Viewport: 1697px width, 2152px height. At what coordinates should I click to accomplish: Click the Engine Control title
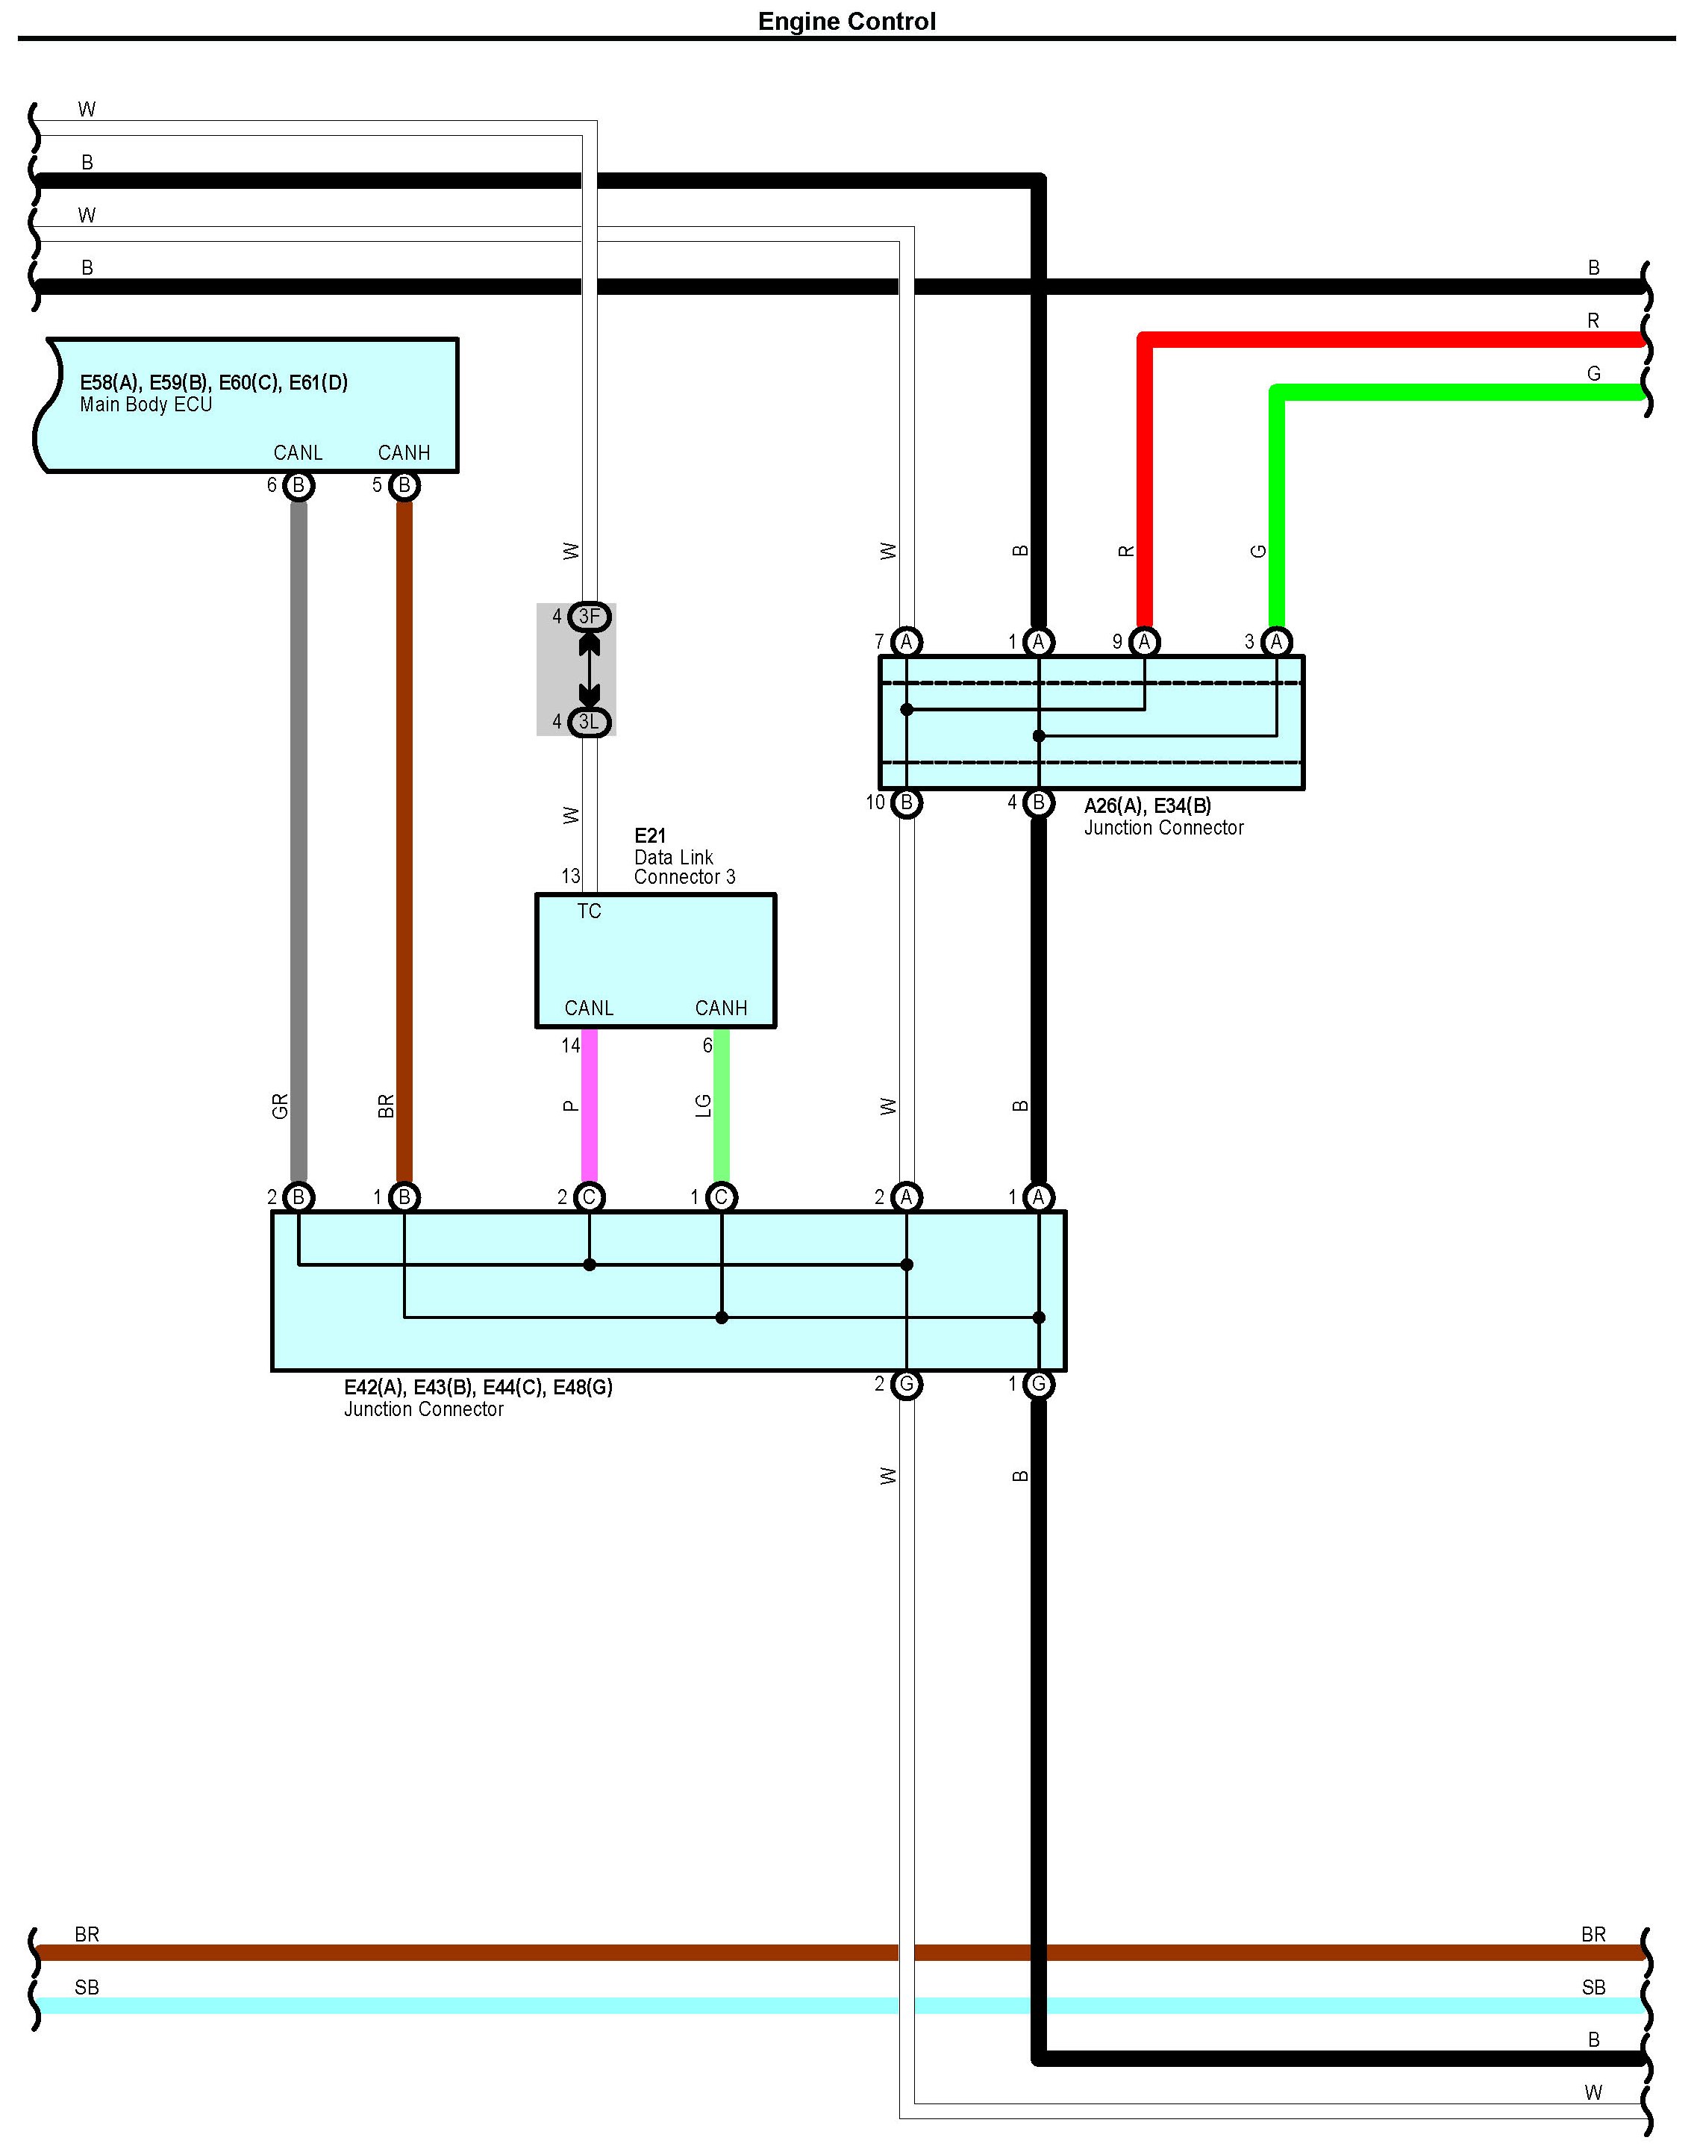pos(846,22)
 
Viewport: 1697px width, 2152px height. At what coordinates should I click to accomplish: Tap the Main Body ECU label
pos(146,405)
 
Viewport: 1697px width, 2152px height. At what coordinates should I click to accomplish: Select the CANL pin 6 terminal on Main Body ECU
pos(298,486)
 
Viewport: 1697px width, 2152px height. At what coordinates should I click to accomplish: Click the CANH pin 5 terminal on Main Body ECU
pos(404,486)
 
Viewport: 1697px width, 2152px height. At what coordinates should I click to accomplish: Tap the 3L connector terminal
pos(590,723)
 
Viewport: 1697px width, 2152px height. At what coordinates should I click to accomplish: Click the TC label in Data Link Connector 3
pos(590,911)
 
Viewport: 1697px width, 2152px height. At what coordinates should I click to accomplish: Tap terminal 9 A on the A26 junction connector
pos(1145,642)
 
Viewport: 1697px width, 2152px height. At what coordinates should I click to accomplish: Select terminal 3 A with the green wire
pos(1277,642)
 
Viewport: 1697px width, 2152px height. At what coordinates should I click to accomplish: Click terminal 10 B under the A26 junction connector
pos(906,802)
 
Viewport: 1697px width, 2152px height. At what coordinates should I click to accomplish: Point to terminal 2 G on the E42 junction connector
pos(906,1384)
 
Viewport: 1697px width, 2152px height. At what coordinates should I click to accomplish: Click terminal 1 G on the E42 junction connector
pos(1038,1384)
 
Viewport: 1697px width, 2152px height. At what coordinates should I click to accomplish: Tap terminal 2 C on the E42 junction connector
pos(590,1197)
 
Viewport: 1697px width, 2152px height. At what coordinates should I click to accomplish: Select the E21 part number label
pos(650,837)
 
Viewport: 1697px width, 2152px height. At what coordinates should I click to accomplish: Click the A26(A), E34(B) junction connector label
pos(1148,805)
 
